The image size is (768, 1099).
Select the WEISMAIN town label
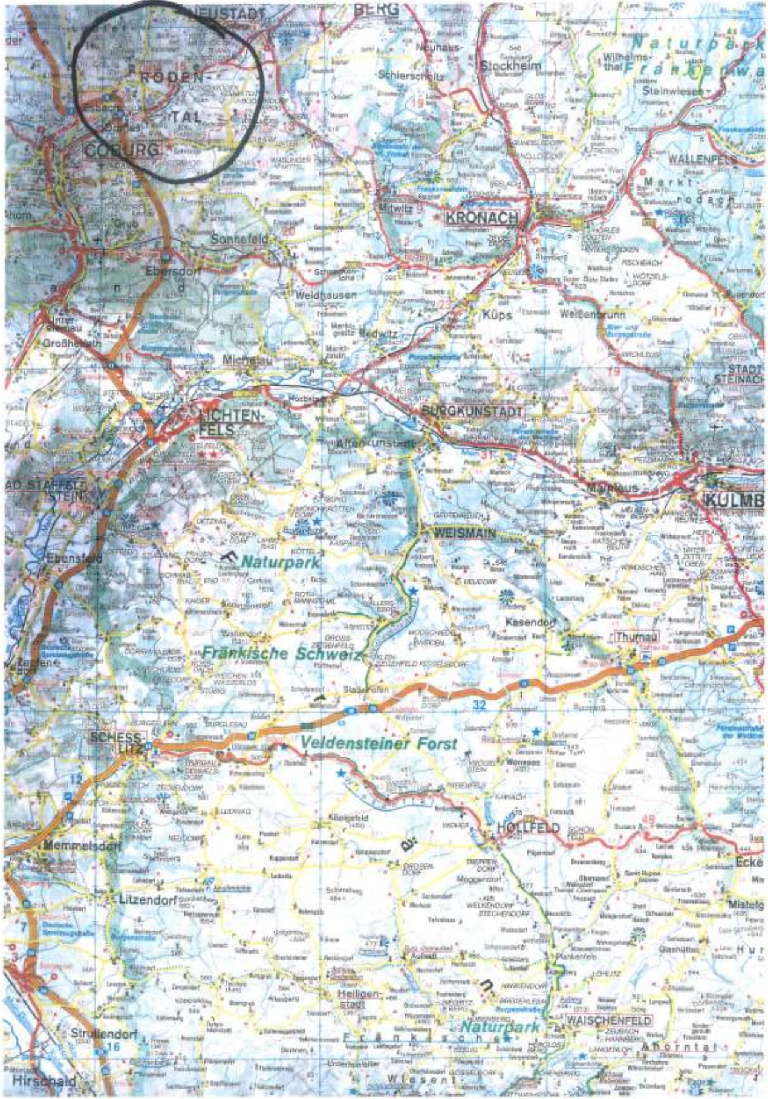(x=464, y=533)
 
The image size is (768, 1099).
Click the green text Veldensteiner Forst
(x=379, y=743)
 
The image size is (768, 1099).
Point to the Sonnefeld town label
(x=239, y=239)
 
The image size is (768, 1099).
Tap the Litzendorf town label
(x=147, y=899)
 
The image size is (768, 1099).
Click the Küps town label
(x=497, y=315)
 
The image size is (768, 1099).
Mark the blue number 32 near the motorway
(x=480, y=705)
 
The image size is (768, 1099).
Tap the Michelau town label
(x=247, y=359)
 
